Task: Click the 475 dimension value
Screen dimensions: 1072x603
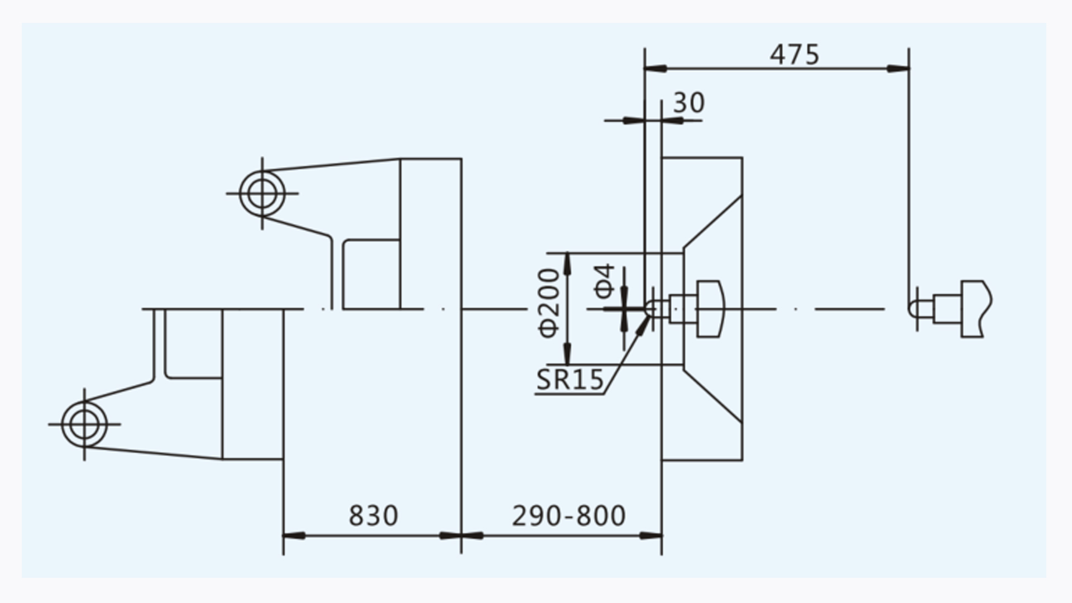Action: coord(795,55)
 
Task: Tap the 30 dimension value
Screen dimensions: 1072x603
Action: coord(689,103)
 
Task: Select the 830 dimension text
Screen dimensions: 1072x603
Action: coord(374,515)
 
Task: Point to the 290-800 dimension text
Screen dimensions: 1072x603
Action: coord(568,516)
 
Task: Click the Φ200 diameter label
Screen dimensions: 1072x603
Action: coord(549,303)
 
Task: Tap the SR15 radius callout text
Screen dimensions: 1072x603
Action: coord(570,380)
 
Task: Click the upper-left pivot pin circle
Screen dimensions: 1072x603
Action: coord(262,193)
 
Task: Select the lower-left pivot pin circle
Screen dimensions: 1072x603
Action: coord(84,424)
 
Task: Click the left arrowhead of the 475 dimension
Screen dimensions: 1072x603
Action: coord(655,69)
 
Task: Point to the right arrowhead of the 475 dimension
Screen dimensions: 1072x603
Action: coord(898,69)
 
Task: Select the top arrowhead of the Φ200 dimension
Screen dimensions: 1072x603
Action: coord(567,264)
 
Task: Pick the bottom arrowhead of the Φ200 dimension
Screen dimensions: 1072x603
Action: coord(567,354)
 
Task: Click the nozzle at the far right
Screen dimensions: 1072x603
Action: coord(950,308)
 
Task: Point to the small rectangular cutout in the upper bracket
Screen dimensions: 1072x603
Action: coord(371,274)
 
